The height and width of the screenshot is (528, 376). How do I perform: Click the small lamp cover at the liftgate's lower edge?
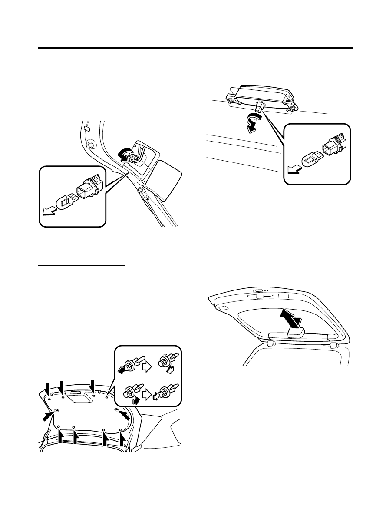[x=296, y=333]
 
